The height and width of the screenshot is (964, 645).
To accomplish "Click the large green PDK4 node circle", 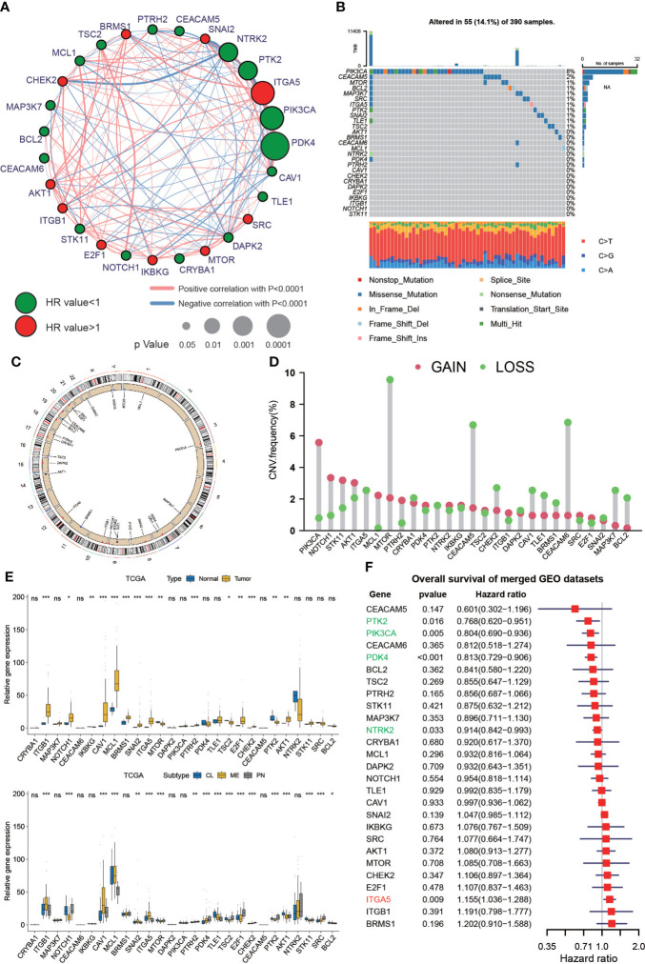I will tap(275, 148).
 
